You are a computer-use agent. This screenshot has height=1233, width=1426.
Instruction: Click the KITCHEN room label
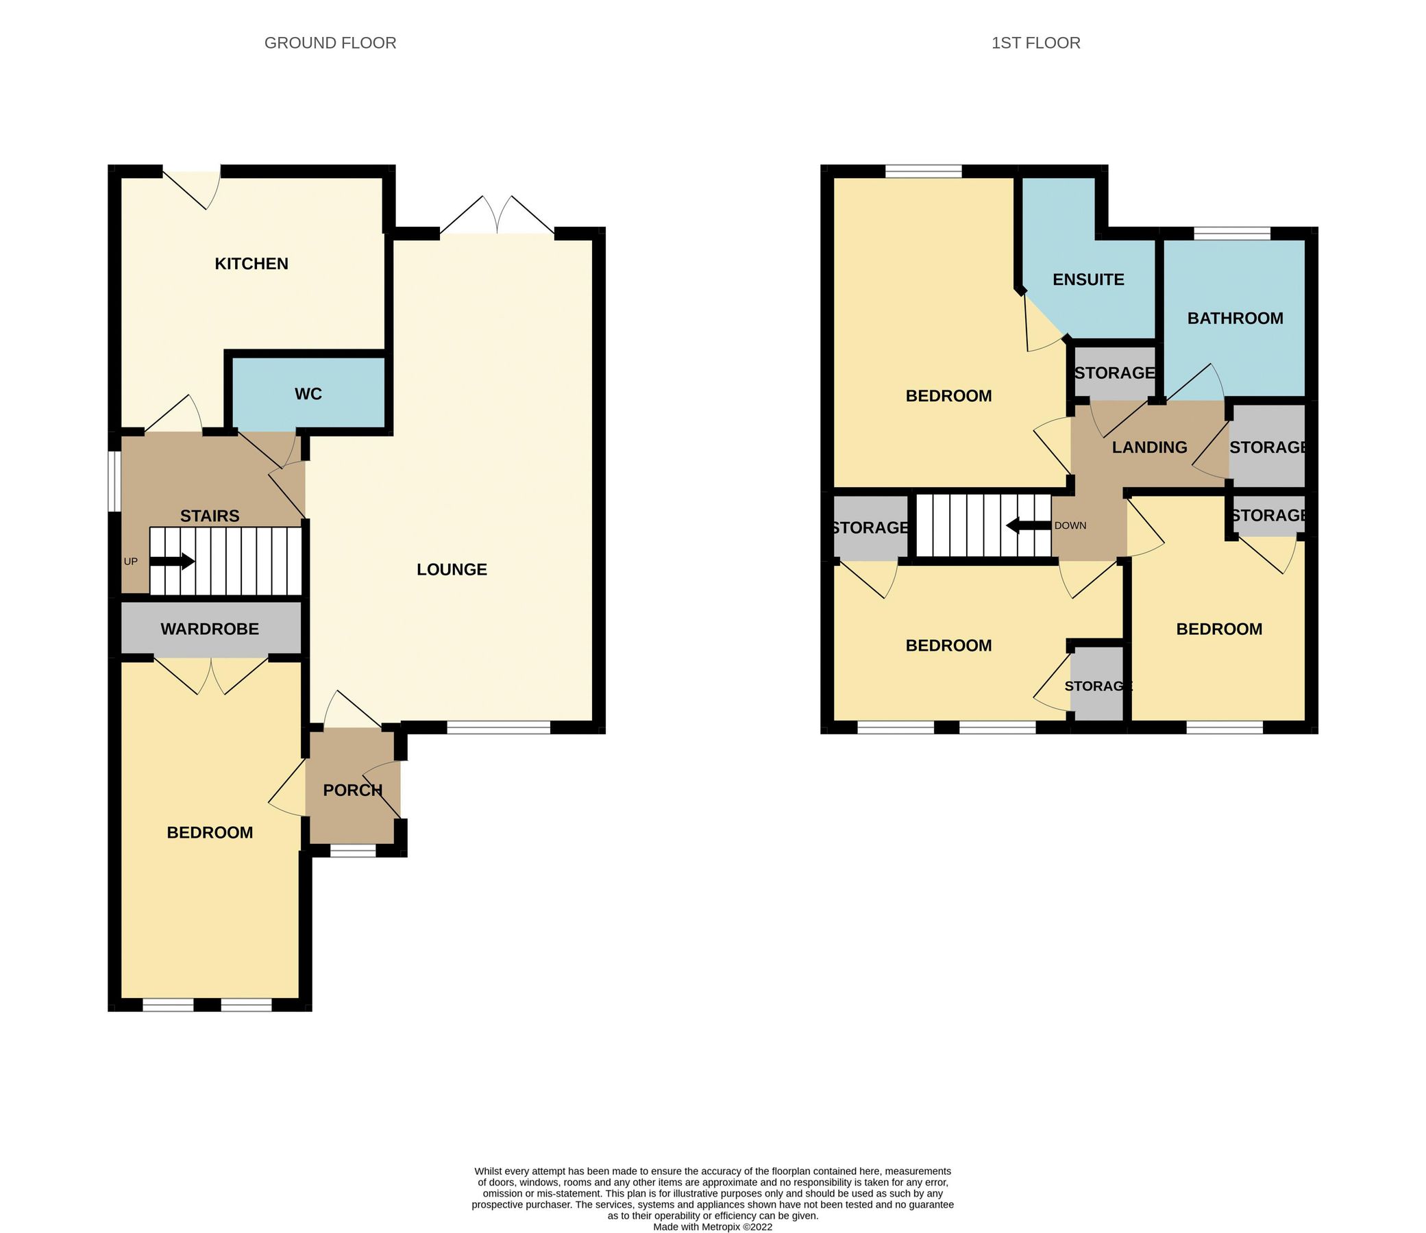[x=251, y=264]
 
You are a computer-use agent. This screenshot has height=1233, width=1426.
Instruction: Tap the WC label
[x=308, y=394]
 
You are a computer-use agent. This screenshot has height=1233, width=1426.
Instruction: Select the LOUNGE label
[x=452, y=569]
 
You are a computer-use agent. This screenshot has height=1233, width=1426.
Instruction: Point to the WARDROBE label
[x=210, y=628]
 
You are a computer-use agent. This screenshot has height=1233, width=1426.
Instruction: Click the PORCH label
[x=352, y=790]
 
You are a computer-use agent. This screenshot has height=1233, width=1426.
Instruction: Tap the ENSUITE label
[x=1088, y=279]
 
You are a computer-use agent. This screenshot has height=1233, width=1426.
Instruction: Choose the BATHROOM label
[x=1235, y=318]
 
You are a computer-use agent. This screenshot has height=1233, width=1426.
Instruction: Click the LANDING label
[x=1149, y=447]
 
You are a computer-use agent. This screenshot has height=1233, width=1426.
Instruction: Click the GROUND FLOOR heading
[x=330, y=42]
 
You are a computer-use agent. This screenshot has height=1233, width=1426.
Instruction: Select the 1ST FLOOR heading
[x=1035, y=42]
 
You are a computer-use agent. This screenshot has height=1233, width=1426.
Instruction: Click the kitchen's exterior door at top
[x=191, y=187]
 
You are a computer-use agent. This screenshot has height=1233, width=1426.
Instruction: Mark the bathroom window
[x=1231, y=234]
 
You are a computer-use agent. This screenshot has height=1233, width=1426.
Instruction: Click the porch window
[x=353, y=851]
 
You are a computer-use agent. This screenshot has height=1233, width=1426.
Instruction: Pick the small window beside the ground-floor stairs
[x=116, y=481]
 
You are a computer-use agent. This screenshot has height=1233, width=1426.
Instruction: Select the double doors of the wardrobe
[x=210, y=675]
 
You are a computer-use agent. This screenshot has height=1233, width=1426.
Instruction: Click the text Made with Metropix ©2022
[x=712, y=1226]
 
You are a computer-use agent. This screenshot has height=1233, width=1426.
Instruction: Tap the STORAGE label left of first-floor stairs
[x=870, y=527]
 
